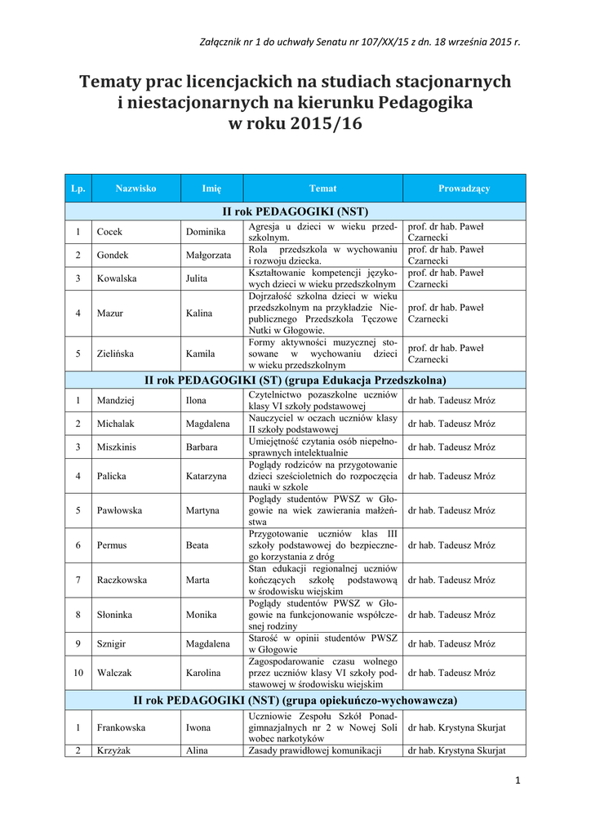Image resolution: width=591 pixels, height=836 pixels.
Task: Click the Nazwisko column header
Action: click(x=136, y=189)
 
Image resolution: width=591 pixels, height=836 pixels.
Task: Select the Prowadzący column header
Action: click(x=464, y=189)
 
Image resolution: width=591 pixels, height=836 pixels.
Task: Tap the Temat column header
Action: click(x=322, y=189)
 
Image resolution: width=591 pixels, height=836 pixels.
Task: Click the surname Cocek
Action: click(x=109, y=232)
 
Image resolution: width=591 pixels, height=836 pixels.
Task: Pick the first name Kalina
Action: click(x=199, y=313)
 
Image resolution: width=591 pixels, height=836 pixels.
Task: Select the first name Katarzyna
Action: click(x=206, y=476)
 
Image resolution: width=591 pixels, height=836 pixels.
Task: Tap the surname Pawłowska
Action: click(x=120, y=510)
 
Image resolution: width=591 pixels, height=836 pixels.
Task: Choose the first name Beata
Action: click(x=198, y=545)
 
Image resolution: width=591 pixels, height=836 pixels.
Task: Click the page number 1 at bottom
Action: click(x=518, y=780)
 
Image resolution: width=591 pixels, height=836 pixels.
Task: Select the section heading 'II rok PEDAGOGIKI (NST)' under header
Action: click(x=295, y=211)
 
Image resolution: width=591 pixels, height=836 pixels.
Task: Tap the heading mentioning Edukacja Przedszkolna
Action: click(x=295, y=380)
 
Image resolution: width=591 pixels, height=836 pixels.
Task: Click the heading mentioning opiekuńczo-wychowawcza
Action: click(x=295, y=700)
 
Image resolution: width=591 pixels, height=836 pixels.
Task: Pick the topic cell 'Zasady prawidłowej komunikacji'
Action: click(x=315, y=750)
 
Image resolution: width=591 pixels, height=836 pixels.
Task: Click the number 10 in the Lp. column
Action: click(x=78, y=673)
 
